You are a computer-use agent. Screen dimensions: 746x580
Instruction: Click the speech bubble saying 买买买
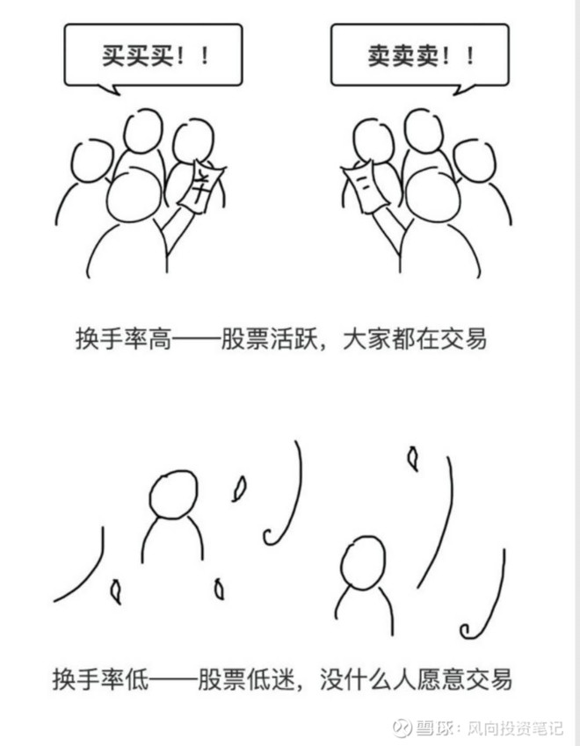[153, 54]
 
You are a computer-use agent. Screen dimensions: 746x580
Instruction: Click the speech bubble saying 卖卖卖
[419, 54]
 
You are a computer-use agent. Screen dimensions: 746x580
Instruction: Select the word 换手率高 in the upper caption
[112, 338]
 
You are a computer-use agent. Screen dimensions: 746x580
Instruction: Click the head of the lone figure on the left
[172, 496]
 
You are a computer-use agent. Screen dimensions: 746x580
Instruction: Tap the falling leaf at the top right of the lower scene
[412, 456]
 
